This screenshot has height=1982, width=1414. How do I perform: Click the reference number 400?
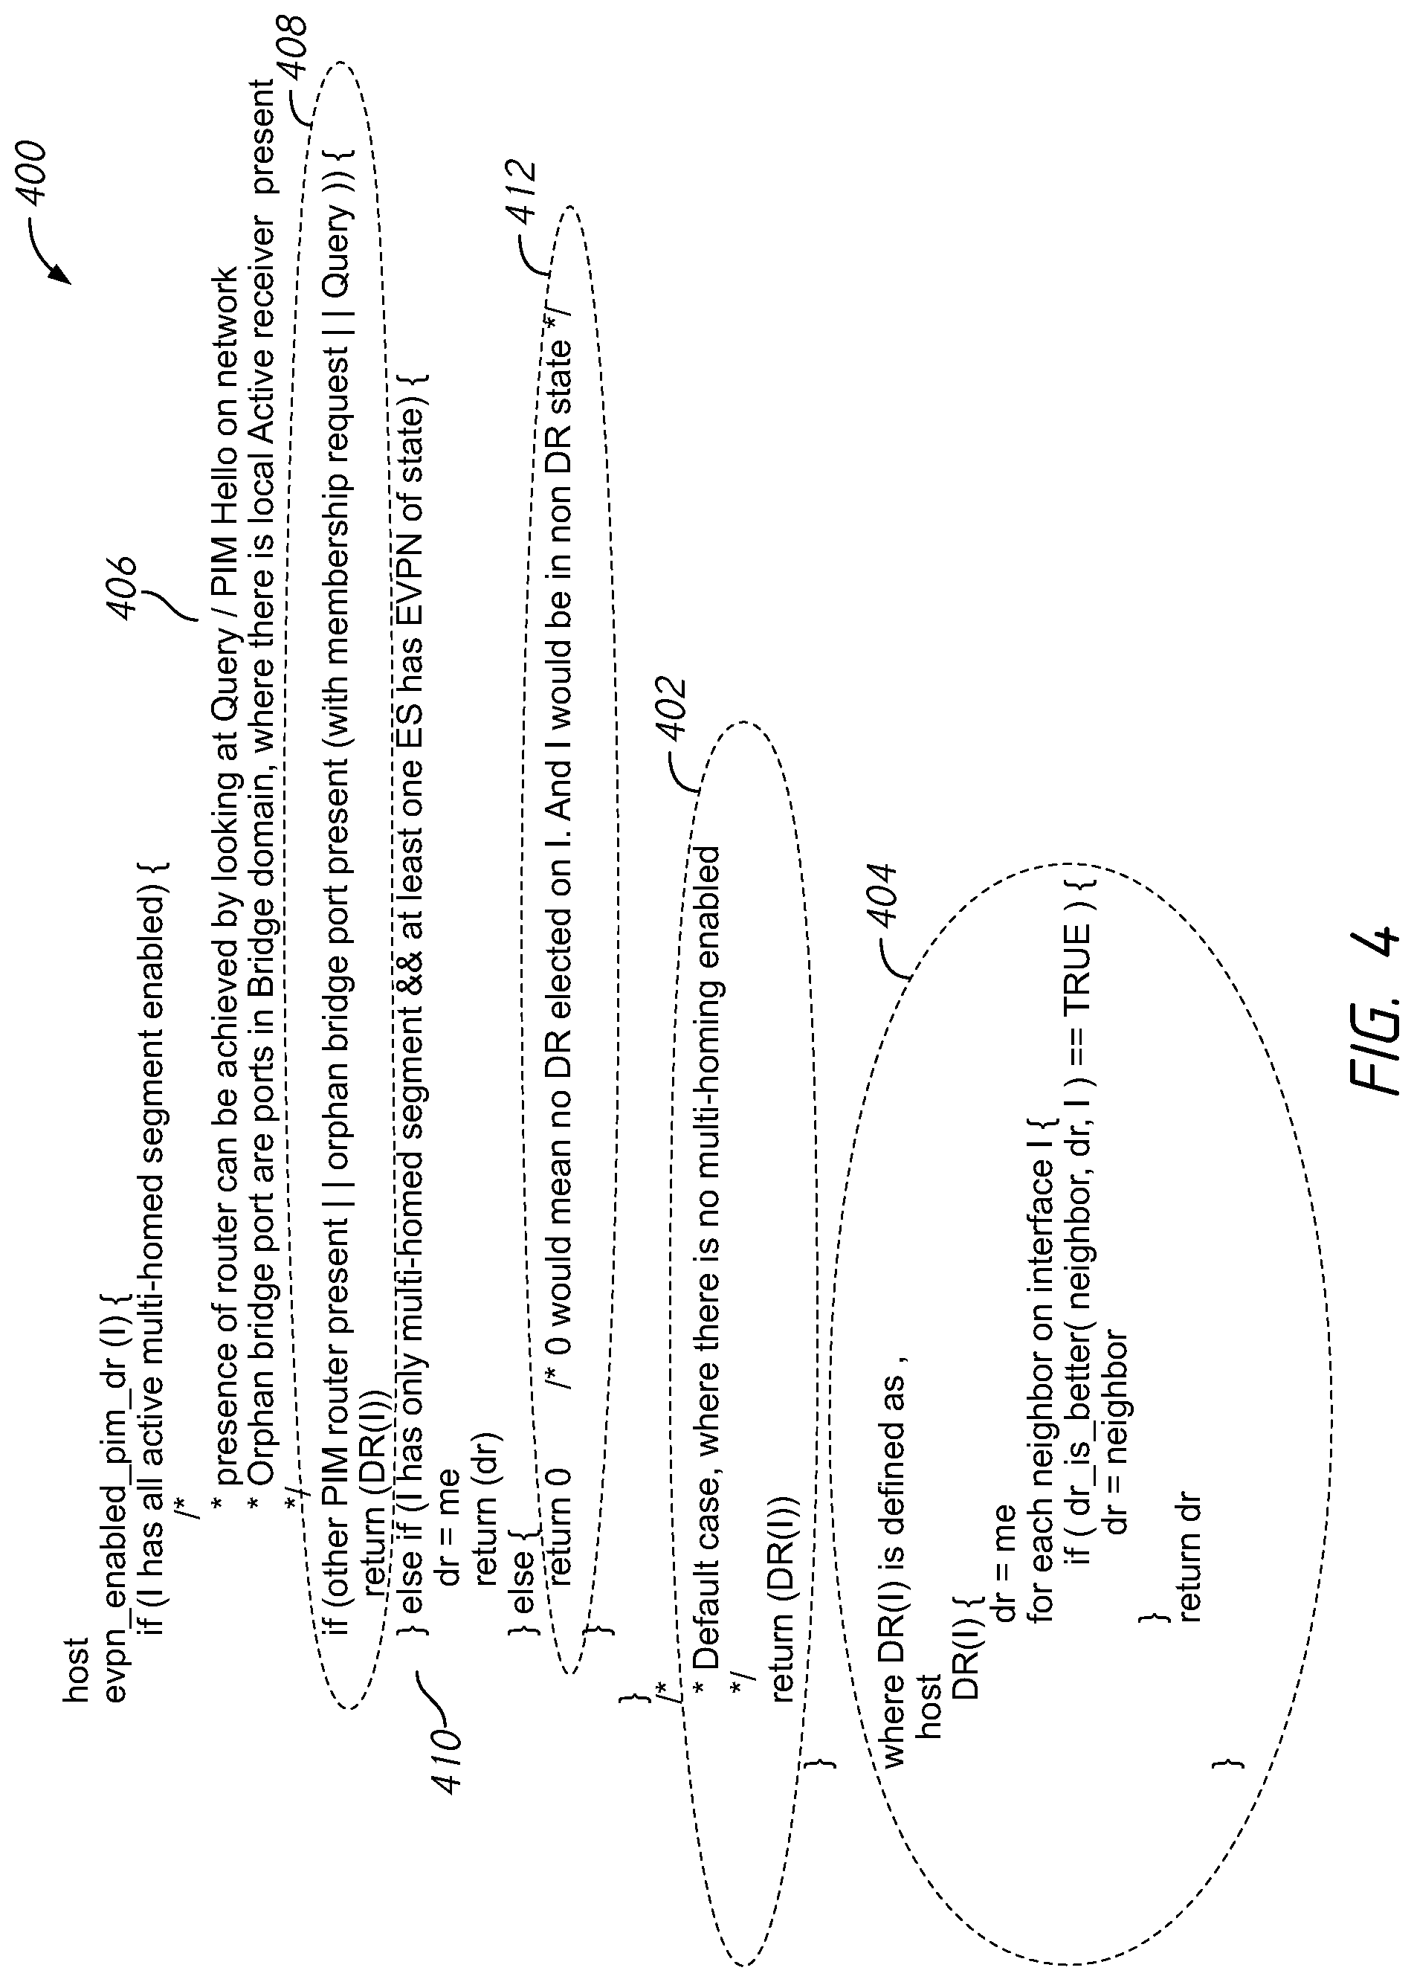click(33, 173)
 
